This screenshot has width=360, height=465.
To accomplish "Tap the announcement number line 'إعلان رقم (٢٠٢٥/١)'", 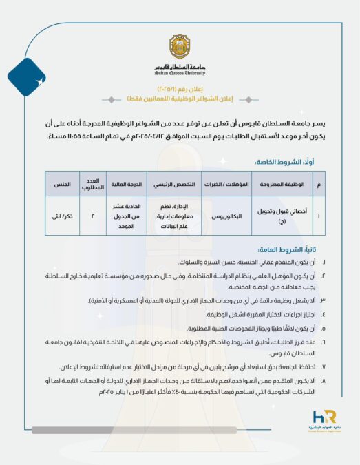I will (x=180, y=89).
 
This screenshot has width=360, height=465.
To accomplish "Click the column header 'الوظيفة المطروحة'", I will (x=287, y=185).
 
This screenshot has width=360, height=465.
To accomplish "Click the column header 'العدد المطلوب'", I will (x=92, y=185).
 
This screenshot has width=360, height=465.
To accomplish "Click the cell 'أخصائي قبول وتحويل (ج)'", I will (x=287, y=215).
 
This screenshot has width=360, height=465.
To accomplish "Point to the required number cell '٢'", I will (x=92, y=215).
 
